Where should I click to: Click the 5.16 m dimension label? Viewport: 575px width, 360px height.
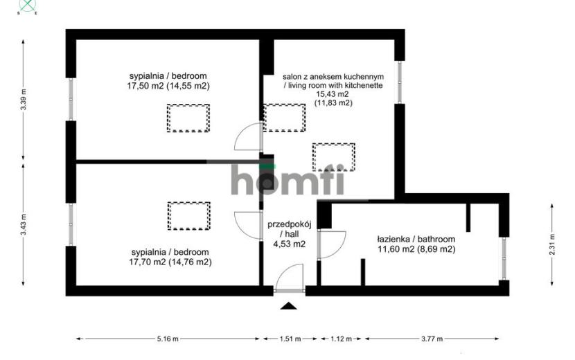(x=168, y=339)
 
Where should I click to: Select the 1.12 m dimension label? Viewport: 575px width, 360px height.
(x=341, y=339)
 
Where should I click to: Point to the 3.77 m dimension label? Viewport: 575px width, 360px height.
(x=432, y=339)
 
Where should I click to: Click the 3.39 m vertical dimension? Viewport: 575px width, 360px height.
(x=24, y=100)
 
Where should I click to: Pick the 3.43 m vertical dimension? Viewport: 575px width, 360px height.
(x=24, y=224)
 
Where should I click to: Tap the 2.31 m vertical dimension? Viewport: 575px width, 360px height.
(x=552, y=244)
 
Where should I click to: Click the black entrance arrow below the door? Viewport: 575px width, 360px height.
(x=289, y=306)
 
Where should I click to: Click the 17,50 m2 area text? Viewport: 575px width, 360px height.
(x=146, y=87)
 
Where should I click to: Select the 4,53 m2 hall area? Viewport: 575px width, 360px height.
(x=290, y=244)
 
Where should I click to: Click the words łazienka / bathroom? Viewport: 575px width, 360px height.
(x=416, y=239)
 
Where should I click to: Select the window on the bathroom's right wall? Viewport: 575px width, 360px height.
(x=504, y=259)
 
